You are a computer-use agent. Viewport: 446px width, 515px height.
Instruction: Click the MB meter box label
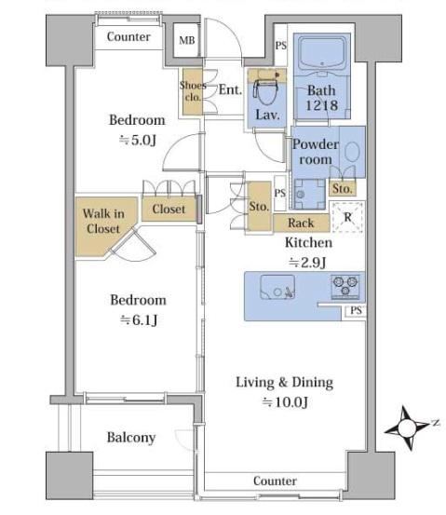point(187,40)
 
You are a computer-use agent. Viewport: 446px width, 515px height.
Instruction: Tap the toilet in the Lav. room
point(266,88)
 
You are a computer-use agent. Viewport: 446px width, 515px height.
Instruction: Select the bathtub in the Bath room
point(322,53)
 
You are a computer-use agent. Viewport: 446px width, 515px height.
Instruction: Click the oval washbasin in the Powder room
point(352,152)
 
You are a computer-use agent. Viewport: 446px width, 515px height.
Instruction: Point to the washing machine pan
point(309,194)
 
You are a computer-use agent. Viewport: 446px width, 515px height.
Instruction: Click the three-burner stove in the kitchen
point(345,287)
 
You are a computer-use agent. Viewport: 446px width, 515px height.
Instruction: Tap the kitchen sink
point(277,288)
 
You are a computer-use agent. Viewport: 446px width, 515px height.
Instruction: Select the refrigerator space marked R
point(347,217)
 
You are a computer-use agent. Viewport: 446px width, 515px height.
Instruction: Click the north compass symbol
point(409,427)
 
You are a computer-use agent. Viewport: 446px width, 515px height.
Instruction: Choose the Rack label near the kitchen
point(301,223)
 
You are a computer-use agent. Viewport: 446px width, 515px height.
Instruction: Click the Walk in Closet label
point(103,221)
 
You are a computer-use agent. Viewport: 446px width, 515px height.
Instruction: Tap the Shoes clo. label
point(193,91)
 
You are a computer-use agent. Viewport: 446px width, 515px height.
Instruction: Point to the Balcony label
point(131,438)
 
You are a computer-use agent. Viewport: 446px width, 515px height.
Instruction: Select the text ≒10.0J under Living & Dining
point(285,402)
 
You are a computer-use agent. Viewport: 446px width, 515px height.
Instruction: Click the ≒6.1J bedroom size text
point(139,320)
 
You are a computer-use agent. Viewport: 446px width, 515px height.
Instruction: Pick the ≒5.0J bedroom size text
point(137,141)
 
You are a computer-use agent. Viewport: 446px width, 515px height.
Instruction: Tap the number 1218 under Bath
point(322,105)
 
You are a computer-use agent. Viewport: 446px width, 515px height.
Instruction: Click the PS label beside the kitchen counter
point(356,310)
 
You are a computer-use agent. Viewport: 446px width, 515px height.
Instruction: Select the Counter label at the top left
point(128,36)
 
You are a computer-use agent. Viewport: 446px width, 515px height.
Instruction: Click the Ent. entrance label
point(230,89)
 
